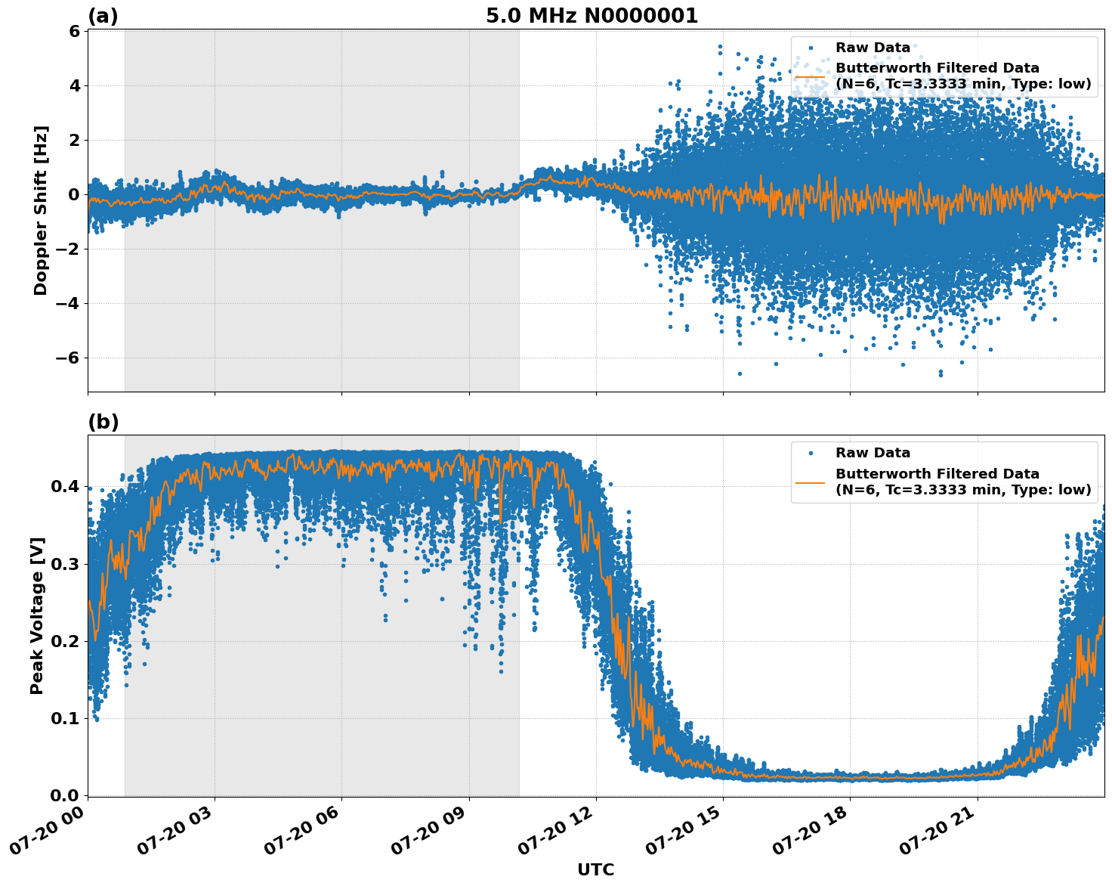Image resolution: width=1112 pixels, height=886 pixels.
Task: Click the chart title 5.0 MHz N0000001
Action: (x=592, y=16)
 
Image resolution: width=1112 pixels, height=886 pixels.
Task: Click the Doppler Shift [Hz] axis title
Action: (x=41, y=210)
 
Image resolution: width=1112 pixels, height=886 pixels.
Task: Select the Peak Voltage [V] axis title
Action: (x=37, y=615)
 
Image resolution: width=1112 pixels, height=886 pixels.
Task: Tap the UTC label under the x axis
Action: (x=595, y=869)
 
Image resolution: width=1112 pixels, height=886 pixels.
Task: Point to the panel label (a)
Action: (x=103, y=16)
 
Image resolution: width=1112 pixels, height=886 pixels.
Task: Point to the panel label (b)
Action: (x=103, y=422)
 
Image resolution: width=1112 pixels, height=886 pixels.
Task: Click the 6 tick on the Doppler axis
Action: (x=74, y=32)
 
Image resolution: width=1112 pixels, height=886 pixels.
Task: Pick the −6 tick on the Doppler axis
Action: (x=69, y=358)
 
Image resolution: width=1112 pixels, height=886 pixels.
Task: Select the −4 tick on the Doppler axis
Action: (x=69, y=304)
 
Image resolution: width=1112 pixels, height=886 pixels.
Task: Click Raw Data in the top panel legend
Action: (x=873, y=48)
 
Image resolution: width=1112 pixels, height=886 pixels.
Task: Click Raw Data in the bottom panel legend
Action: (x=873, y=453)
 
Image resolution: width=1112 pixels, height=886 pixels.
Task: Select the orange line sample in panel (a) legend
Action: (x=811, y=76)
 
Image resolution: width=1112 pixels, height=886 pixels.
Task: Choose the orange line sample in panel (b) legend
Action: (x=811, y=482)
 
